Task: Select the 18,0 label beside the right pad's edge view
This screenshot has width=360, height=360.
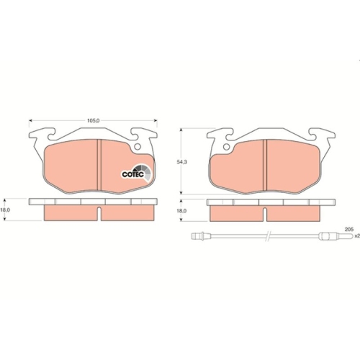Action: [x=182, y=211]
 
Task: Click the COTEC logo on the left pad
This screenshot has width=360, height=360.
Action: [x=135, y=173]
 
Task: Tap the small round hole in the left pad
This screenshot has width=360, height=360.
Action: [x=138, y=145]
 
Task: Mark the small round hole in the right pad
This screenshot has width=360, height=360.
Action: [x=226, y=149]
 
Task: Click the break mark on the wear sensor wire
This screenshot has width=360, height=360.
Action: [x=267, y=237]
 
